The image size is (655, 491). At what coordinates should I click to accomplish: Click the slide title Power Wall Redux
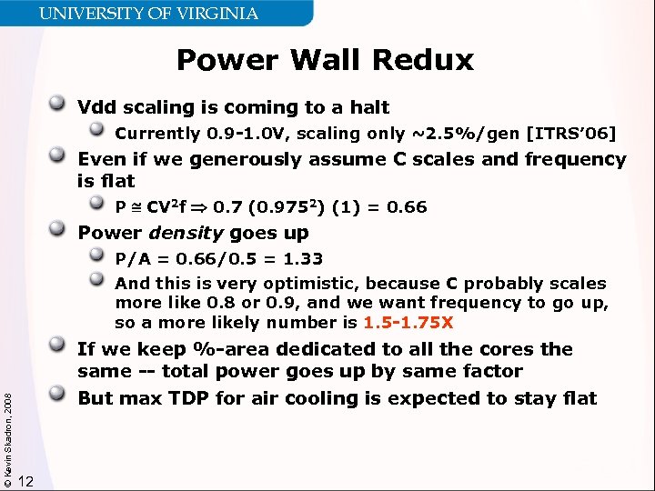tap(325, 60)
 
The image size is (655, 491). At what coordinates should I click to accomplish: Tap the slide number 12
tap(26, 481)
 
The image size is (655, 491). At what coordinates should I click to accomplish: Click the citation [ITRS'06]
tap(571, 134)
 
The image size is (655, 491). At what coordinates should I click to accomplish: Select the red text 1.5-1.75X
tap(408, 323)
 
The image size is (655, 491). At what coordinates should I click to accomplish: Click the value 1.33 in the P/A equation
tap(306, 259)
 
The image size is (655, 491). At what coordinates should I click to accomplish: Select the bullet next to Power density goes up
tap(63, 232)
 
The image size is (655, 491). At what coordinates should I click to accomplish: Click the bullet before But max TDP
tap(63, 397)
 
